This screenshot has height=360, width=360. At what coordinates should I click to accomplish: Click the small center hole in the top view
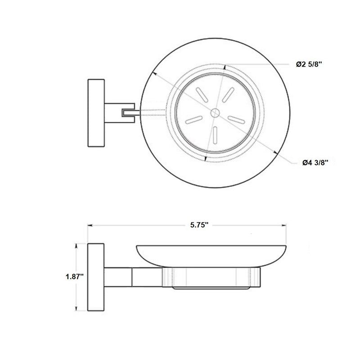point(215,112)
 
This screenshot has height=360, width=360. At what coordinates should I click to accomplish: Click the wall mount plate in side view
point(95,277)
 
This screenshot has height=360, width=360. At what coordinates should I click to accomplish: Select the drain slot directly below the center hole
point(216,134)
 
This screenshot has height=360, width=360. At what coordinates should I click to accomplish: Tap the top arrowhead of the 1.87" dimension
point(77,246)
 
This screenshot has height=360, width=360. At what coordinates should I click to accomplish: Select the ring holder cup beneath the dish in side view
point(211,278)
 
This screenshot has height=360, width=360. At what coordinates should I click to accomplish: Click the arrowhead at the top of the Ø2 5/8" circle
point(225,67)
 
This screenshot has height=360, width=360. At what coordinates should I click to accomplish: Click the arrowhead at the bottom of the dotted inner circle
point(205,158)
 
